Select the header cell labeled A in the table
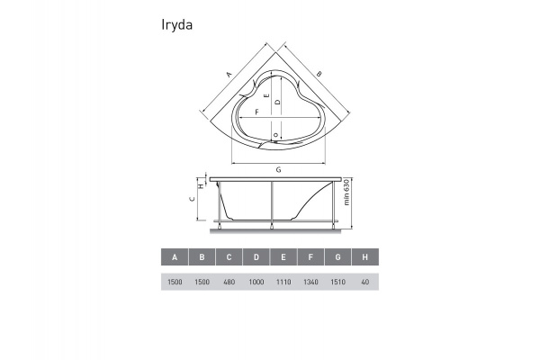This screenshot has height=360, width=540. tap(175, 257)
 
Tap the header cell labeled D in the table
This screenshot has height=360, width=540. tap(256, 257)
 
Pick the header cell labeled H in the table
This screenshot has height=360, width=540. tap(364, 257)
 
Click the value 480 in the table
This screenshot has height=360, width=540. tap(229, 283)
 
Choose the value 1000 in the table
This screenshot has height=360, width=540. tap(256, 283)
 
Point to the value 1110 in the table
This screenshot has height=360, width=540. tap(283, 283)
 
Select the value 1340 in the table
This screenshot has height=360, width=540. tap(310, 283)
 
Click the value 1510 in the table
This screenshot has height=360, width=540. tap(337, 283)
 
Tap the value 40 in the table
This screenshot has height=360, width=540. tap(364, 283)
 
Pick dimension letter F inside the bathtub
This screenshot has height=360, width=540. tap(257, 111)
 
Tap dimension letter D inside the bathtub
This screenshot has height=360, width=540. tap(278, 103)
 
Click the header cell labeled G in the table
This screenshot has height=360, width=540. tap(337, 257)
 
